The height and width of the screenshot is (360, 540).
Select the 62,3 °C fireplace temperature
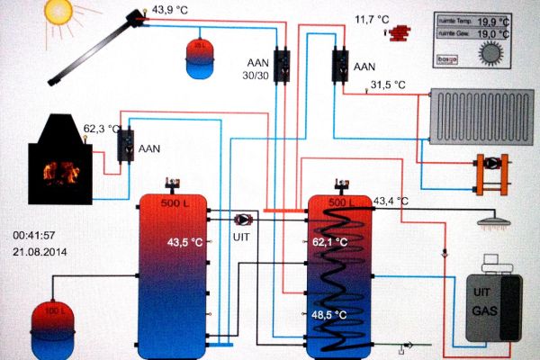102,129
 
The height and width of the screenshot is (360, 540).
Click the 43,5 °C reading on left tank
185,242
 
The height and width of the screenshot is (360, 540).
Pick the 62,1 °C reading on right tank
329,243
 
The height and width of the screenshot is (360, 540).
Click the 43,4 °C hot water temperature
391,201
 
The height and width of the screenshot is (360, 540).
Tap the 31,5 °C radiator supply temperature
388,85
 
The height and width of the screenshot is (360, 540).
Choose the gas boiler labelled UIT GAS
491,302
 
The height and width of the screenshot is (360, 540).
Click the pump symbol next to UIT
244,220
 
